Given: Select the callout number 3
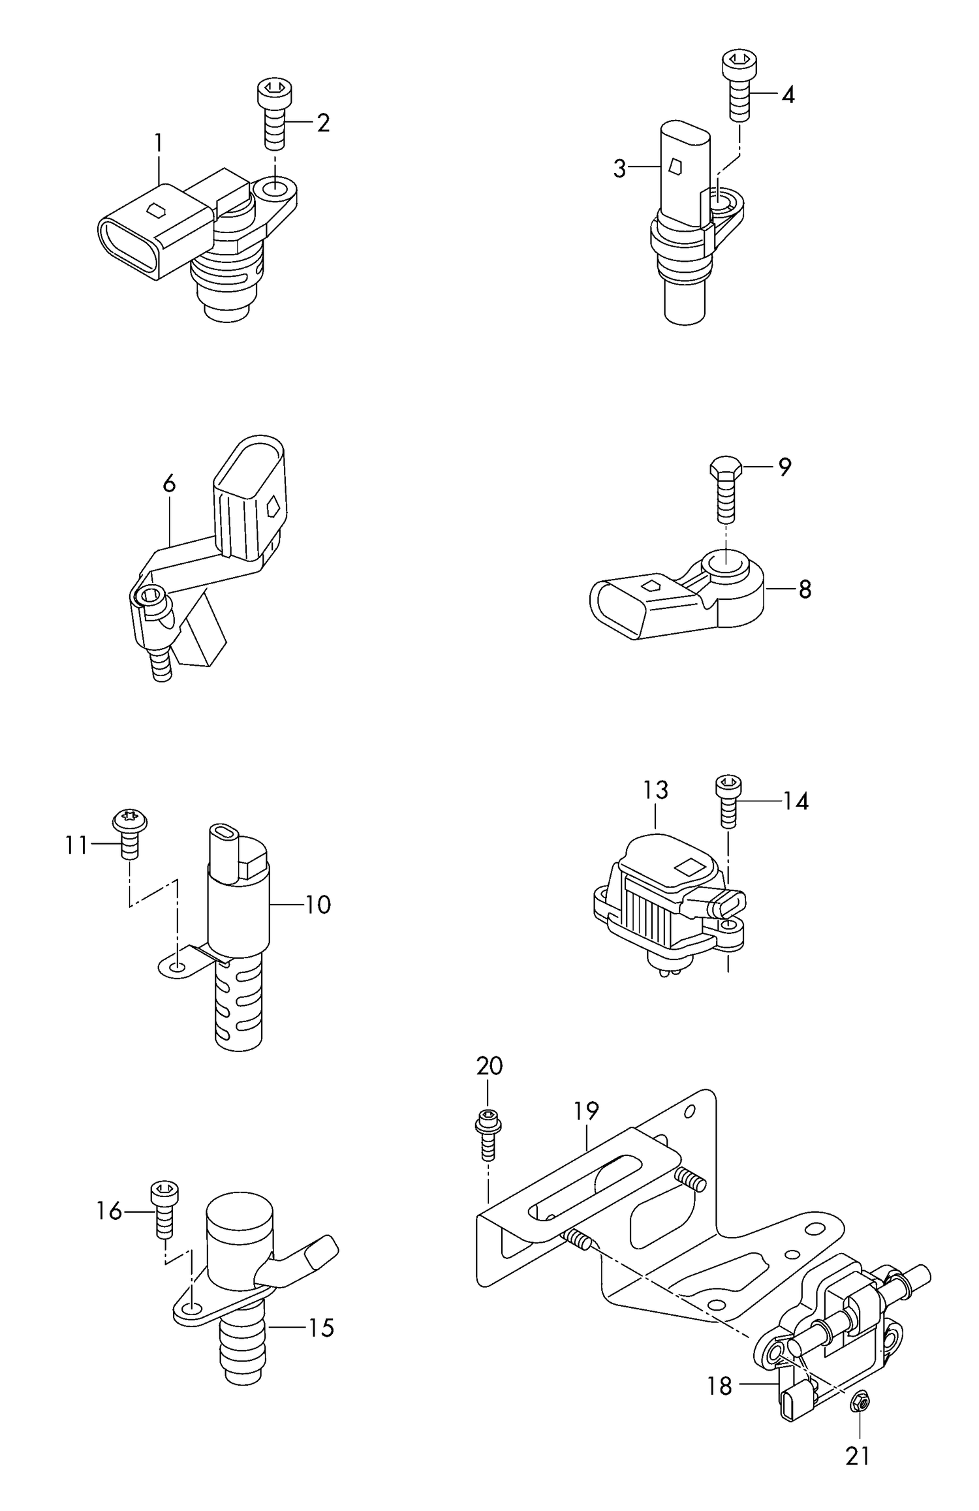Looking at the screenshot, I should click(619, 168).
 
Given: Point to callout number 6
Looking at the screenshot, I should click(169, 484).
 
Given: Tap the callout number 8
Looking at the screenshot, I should click(805, 589).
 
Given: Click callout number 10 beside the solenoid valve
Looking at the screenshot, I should click(318, 905).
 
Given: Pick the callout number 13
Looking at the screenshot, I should click(655, 790).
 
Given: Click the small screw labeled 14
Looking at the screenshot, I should click(728, 800).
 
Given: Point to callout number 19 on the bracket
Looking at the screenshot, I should click(586, 1110).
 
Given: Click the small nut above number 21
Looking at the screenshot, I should click(860, 1399).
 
